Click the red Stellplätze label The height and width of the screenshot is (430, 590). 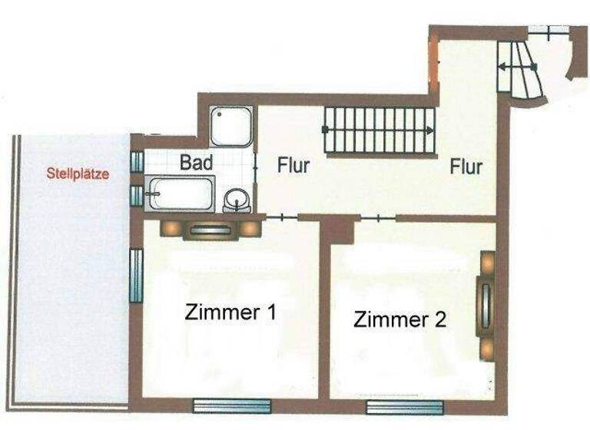78,174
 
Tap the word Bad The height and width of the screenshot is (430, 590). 197,163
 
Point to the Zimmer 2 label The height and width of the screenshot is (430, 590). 399,319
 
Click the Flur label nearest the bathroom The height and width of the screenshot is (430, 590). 293,165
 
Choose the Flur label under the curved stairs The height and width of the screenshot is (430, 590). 466,166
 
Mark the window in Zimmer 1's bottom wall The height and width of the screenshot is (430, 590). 232,406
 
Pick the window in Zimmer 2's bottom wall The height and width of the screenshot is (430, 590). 395,407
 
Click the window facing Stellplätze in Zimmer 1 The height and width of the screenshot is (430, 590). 136,276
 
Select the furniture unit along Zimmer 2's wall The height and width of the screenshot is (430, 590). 487,305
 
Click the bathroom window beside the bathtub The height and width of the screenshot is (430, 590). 136,196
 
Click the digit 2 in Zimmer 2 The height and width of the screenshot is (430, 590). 439,319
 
